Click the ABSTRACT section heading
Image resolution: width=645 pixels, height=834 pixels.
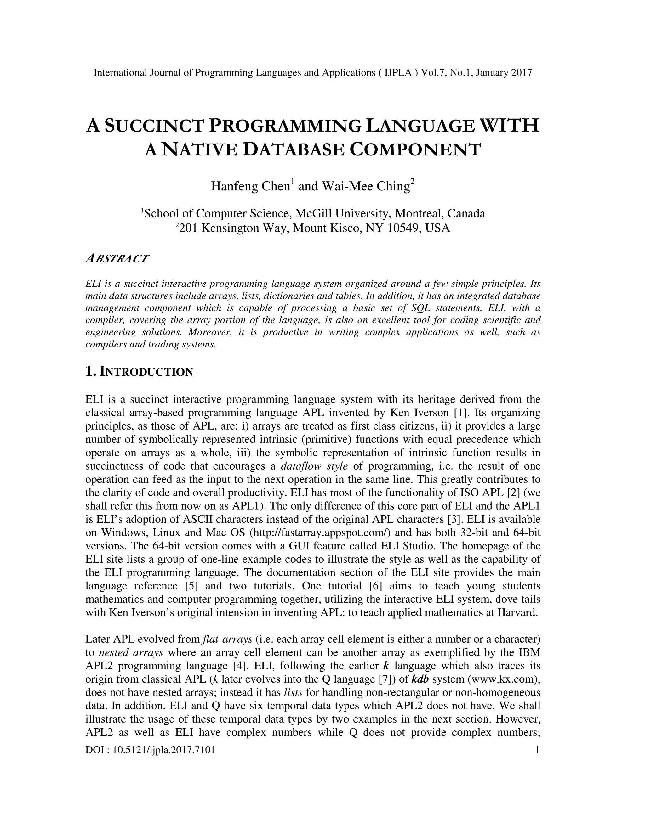117,258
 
